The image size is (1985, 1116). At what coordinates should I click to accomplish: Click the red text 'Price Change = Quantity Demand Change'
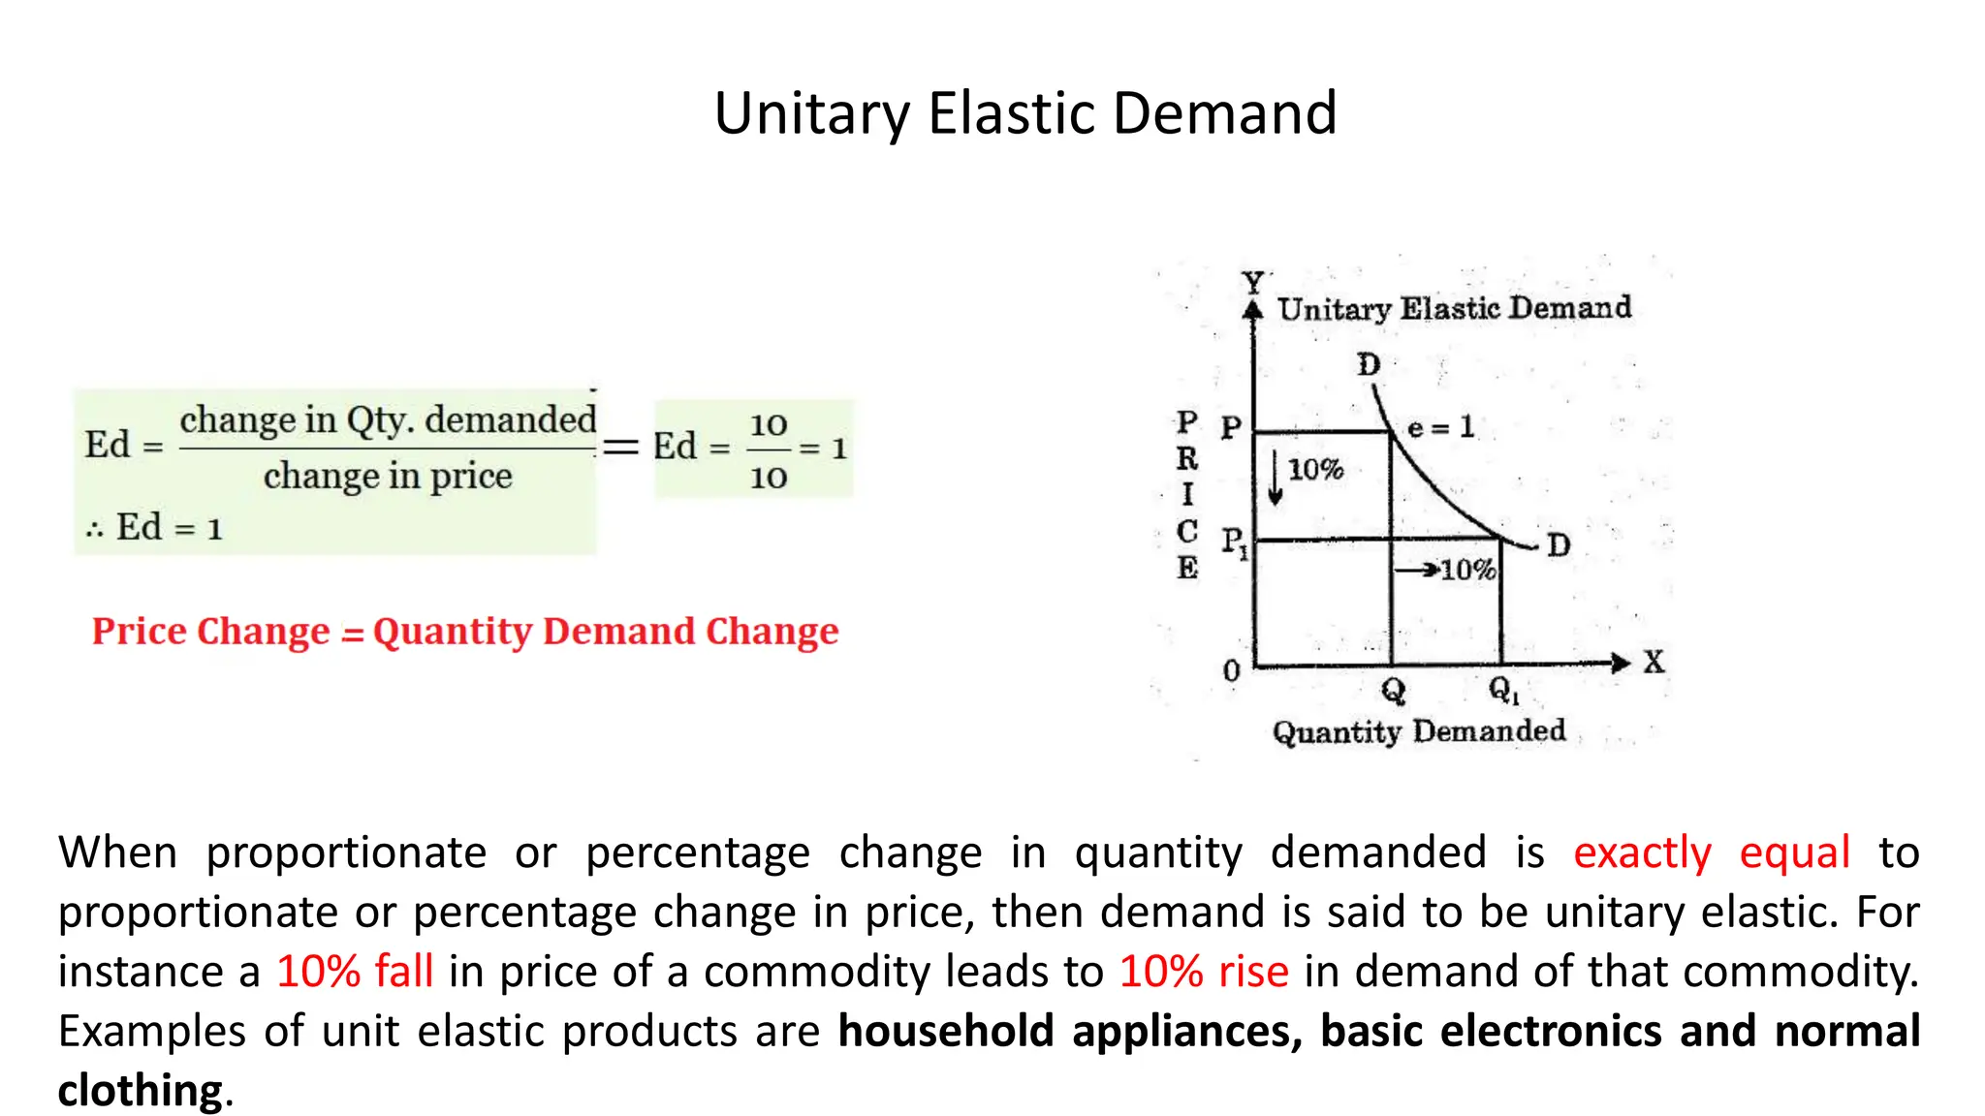click(x=464, y=632)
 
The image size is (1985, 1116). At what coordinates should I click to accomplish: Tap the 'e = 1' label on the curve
click(x=1439, y=427)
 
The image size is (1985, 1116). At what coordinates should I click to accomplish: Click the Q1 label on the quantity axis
click(x=1503, y=690)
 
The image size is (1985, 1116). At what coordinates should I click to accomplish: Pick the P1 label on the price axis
click(x=1234, y=542)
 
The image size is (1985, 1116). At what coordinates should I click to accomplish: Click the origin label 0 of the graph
click(x=1231, y=670)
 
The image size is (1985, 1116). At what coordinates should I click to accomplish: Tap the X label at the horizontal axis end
click(x=1654, y=663)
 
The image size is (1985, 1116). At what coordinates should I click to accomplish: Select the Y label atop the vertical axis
click(x=1253, y=282)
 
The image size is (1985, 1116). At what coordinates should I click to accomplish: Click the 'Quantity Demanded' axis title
click(x=1418, y=731)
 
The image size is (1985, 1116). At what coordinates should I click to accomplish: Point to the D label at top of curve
click(x=1368, y=365)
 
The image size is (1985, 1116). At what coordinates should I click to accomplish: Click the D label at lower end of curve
click(x=1558, y=545)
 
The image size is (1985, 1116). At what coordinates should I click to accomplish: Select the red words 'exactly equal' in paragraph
click(x=1711, y=852)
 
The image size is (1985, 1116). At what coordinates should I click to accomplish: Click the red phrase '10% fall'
click(x=355, y=972)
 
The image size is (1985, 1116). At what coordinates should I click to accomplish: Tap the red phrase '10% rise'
click(x=1204, y=972)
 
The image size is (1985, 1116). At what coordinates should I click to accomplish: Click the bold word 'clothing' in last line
click(x=141, y=1091)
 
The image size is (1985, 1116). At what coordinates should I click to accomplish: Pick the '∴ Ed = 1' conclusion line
click(x=155, y=528)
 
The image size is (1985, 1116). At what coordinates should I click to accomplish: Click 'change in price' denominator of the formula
click(x=388, y=476)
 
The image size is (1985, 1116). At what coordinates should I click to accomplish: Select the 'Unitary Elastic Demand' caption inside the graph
click(x=1454, y=309)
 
